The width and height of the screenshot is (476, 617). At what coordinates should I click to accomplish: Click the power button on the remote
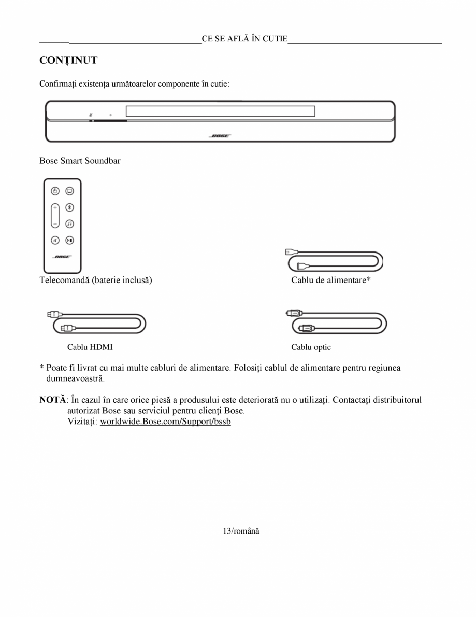55,191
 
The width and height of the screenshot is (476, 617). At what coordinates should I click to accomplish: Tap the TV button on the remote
70,191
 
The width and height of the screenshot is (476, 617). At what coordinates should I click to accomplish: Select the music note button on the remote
70,223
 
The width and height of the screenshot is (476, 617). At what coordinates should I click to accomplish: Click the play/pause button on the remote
70,240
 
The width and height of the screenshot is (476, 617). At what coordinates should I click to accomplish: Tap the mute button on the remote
55,240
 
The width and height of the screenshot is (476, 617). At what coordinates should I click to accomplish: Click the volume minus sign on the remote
55,223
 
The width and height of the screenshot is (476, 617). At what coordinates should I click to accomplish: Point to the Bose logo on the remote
62,257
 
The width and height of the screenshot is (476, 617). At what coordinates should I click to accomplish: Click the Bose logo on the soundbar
220,136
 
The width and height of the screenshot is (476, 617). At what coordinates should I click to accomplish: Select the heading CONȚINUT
68,61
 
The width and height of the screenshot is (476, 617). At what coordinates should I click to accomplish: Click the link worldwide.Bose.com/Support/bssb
165,422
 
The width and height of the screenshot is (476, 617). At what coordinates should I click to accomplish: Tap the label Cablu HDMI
90,347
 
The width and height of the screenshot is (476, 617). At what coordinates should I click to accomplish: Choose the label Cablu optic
311,347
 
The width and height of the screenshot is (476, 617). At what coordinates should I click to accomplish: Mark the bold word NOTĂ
53,400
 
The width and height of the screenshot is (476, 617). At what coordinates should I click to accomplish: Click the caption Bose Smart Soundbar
80,161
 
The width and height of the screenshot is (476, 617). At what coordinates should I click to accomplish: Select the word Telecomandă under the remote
64,281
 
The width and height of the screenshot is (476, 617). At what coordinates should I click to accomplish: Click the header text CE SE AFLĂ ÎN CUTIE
244,39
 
